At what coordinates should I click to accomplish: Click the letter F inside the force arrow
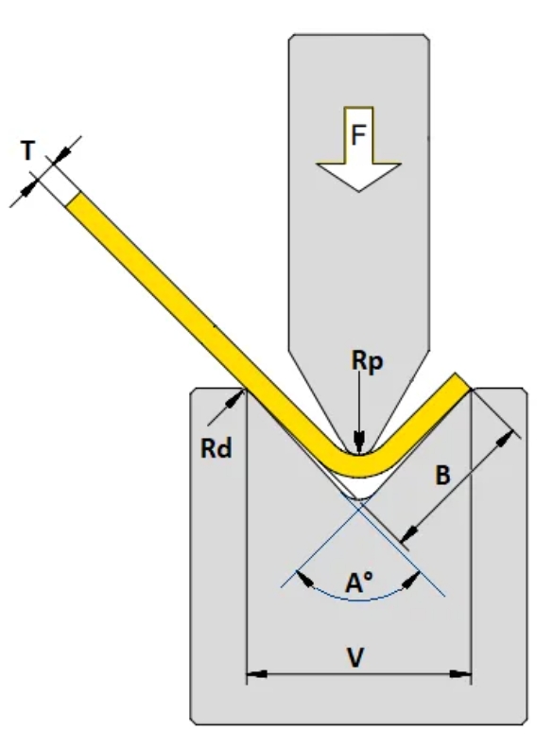click(x=358, y=134)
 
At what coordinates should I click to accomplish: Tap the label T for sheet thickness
click(x=28, y=150)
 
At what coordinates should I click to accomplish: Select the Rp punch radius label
click(x=367, y=360)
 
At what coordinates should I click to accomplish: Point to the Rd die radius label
click(x=216, y=448)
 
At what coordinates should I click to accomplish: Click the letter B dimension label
click(x=443, y=475)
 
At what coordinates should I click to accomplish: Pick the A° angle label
click(x=358, y=583)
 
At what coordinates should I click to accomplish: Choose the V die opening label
click(x=355, y=658)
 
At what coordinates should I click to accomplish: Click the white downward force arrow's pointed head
click(x=358, y=177)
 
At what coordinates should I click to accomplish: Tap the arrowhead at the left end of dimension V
click(x=256, y=674)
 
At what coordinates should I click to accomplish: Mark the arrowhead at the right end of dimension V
click(x=461, y=674)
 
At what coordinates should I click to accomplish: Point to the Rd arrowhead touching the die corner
click(x=235, y=399)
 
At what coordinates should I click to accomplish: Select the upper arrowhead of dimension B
click(x=506, y=438)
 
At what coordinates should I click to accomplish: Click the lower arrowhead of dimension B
click(x=410, y=533)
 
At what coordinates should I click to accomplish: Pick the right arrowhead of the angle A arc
click(x=411, y=580)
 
